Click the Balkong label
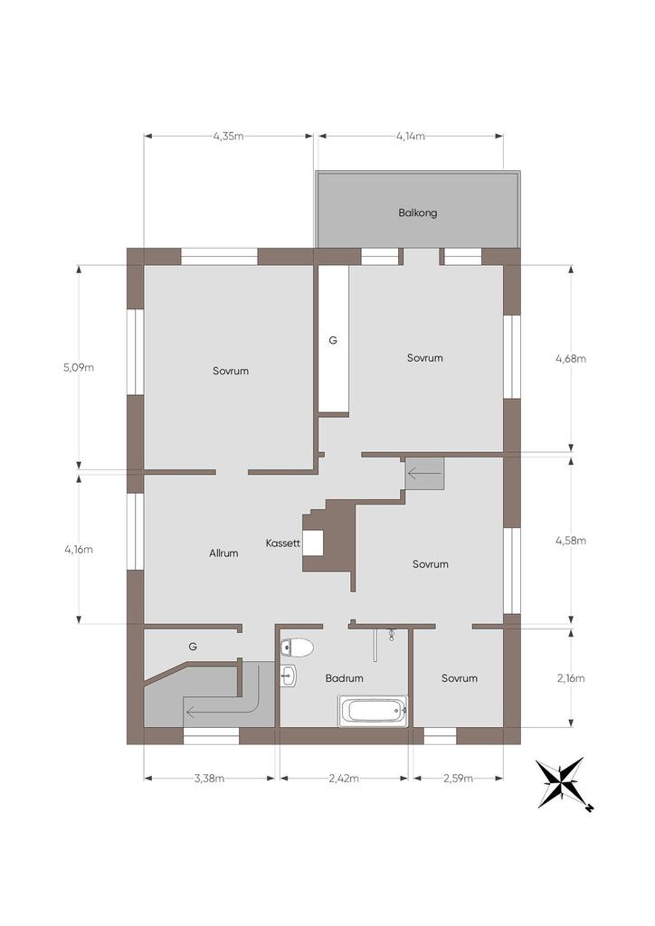point(418,213)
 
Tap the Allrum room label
point(223,553)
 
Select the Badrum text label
point(345,678)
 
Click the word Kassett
point(283,543)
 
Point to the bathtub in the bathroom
point(373,711)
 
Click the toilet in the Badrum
point(297,647)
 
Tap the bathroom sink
point(289,676)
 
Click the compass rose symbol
point(562,784)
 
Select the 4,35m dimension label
point(229,137)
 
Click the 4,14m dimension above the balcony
point(411,137)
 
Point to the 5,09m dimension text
point(79,367)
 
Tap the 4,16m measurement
point(79,549)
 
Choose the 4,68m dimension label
point(571,358)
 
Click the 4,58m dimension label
point(571,541)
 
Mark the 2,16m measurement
point(571,678)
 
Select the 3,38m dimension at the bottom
point(209,779)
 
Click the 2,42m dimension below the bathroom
point(344,779)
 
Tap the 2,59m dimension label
point(459,779)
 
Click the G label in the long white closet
point(333,340)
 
